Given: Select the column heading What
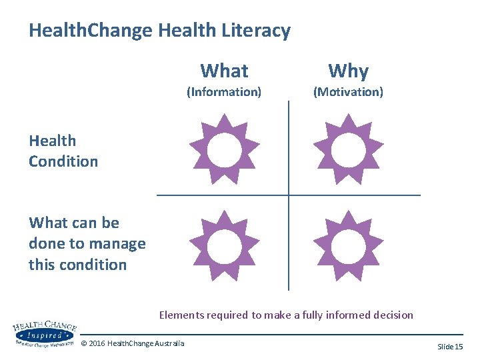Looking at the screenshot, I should click(x=224, y=71).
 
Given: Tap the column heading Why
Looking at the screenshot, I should click(x=348, y=71).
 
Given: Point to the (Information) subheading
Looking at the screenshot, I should click(x=224, y=91).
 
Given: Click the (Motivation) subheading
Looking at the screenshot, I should click(x=348, y=91).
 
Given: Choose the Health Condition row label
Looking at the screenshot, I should click(x=63, y=151).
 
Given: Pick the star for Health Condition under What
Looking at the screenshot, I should click(x=225, y=149).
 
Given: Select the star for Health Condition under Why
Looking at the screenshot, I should click(x=348, y=149).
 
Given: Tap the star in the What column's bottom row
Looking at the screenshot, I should click(x=225, y=245).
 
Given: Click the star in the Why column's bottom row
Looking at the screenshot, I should click(x=348, y=245).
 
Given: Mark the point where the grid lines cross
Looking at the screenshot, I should click(x=289, y=195).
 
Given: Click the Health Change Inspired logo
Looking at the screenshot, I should click(x=45, y=333).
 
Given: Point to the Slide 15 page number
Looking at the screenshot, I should click(x=450, y=347).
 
